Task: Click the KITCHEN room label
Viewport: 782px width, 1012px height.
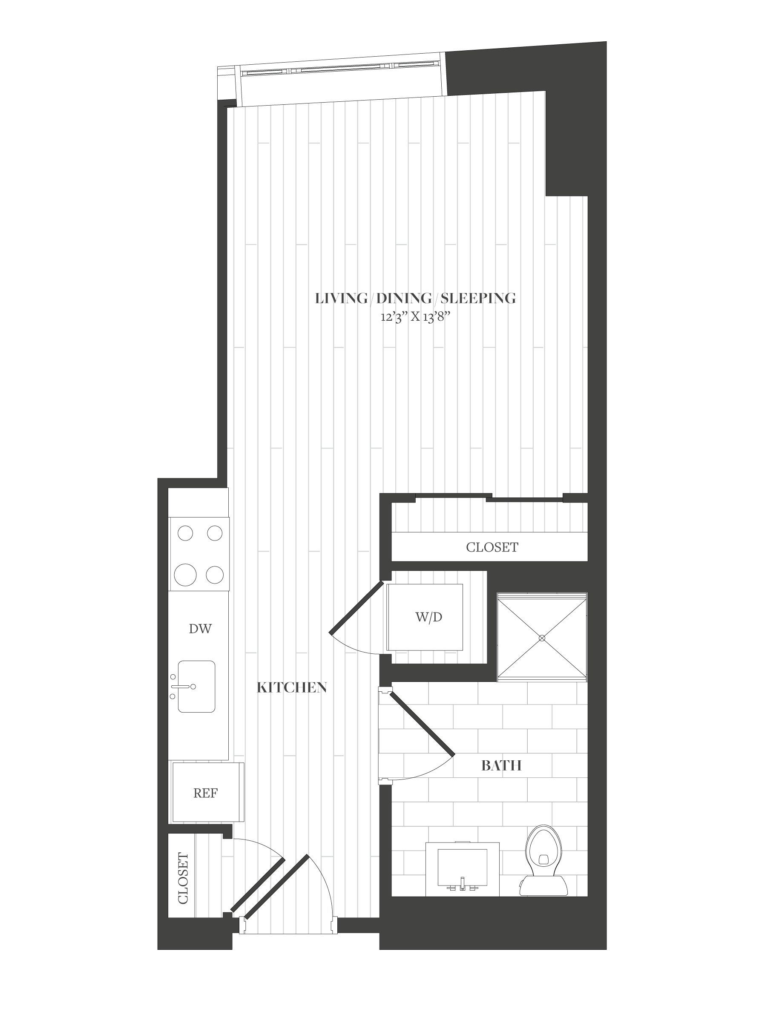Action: click(x=292, y=687)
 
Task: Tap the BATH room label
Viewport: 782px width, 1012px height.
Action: click(x=501, y=765)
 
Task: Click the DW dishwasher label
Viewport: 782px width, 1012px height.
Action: click(x=200, y=629)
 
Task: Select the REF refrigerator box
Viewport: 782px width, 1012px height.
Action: click(x=207, y=792)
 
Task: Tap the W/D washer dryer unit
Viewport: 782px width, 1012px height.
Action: click(x=425, y=617)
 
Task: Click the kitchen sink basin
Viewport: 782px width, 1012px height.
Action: click(x=196, y=686)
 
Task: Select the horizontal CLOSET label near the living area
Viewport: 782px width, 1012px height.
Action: click(x=492, y=547)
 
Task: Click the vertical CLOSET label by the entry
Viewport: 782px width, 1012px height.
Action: click(x=183, y=879)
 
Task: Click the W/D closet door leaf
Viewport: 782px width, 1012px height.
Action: click(x=358, y=607)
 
